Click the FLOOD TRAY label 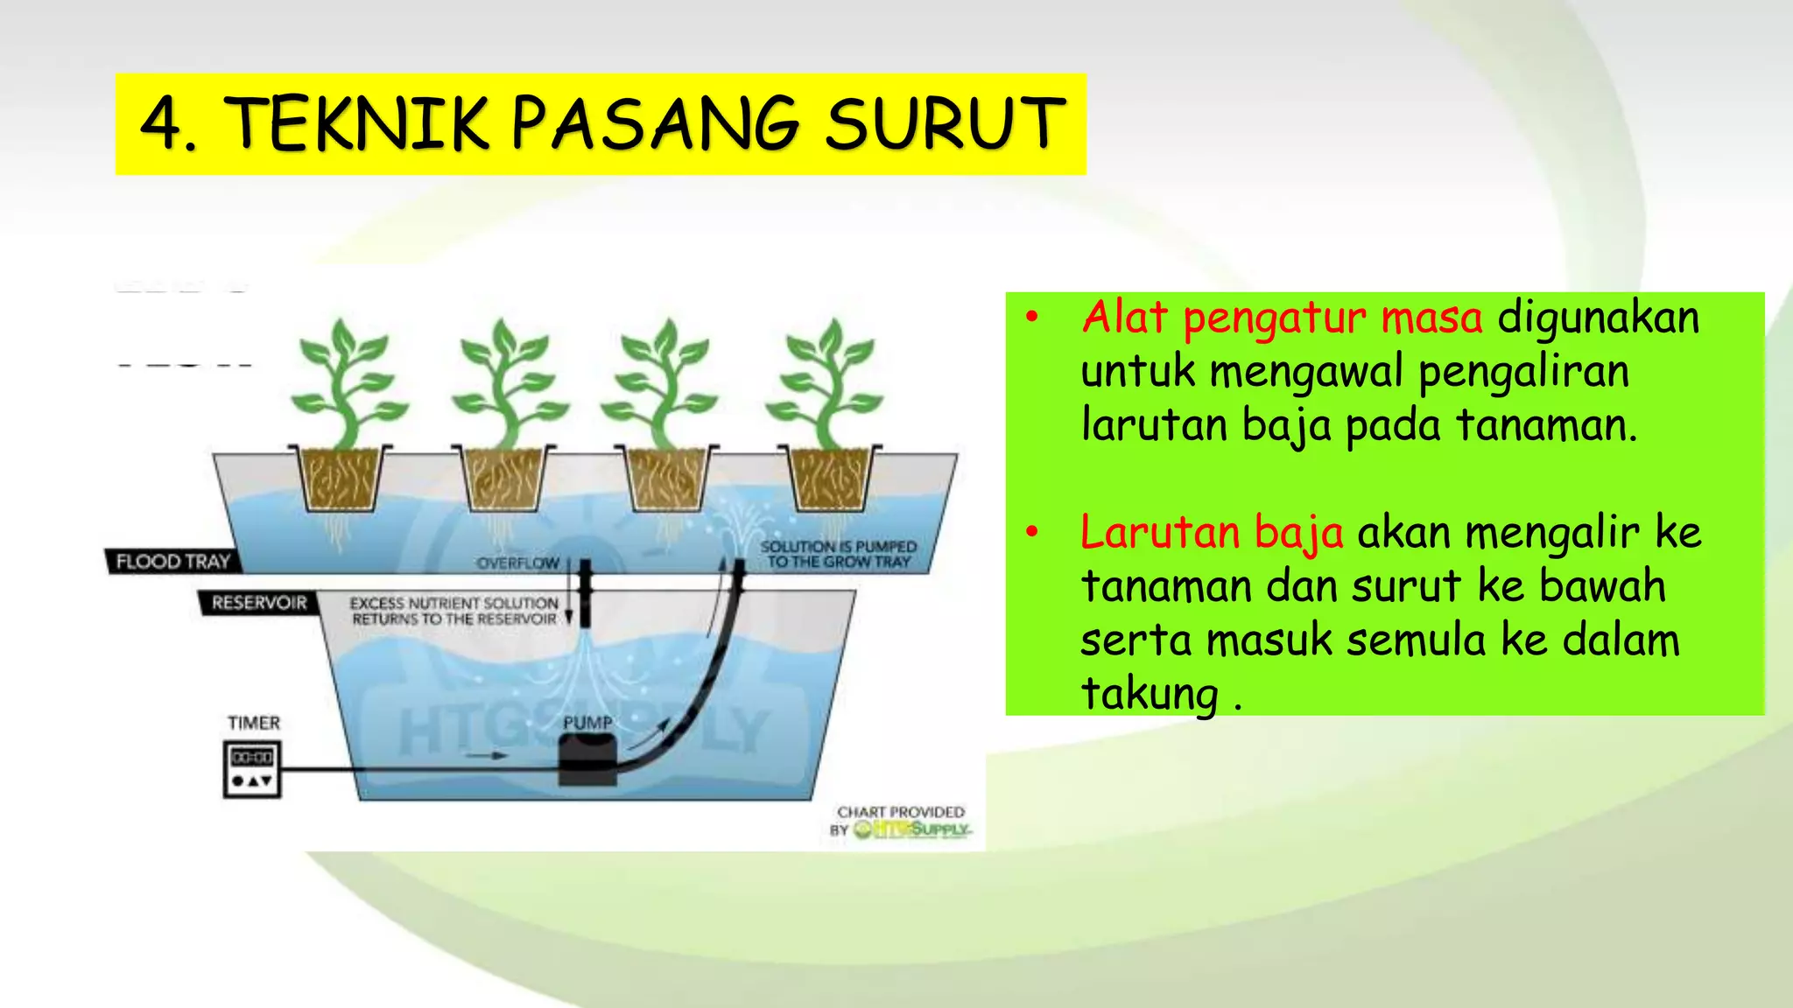172,562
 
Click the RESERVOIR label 258,603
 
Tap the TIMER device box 252,768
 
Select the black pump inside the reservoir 587,759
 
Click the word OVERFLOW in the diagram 517,563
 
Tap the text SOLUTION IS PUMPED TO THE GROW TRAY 838,554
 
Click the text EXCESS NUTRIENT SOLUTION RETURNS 454,611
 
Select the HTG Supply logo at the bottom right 911,829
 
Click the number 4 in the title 161,125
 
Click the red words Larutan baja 1211,532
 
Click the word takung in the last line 1150,693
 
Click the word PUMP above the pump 587,723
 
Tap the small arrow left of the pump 487,755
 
